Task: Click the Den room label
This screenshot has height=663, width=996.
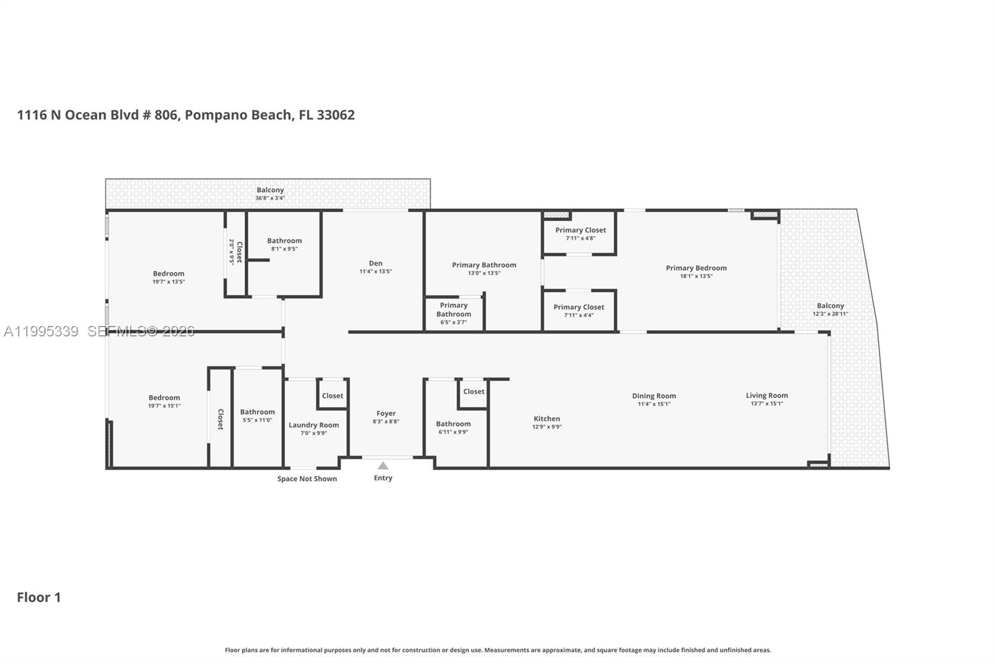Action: (x=375, y=263)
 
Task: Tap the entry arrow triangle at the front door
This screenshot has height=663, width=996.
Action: (x=383, y=466)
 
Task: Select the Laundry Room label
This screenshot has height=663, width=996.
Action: (x=314, y=425)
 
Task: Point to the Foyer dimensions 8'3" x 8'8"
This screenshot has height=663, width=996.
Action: (x=386, y=422)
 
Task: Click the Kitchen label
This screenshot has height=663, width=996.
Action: (x=547, y=419)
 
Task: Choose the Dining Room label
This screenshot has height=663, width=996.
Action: (x=654, y=396)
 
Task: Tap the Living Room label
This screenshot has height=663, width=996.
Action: (x=767, y=395)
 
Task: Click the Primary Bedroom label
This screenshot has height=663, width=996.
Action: (x=696, y=268)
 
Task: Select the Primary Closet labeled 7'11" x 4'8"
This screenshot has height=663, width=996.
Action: (x=580, y=230)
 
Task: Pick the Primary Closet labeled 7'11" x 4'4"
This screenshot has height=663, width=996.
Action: (x=579, y=307)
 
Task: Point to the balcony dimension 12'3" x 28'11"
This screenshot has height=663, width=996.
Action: (x=830, y=314)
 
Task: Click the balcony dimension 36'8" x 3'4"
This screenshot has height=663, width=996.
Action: (x=270, y=198)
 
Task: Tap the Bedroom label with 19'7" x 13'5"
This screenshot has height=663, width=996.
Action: (x=169, y=274)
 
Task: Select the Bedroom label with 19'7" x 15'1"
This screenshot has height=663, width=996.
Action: (x=164, y=398)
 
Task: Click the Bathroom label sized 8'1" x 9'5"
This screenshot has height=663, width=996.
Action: (x=284, y=241)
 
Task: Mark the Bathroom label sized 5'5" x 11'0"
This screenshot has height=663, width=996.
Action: (x=257, y=412)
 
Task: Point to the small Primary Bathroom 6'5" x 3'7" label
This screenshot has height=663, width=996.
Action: (x=454, y=310)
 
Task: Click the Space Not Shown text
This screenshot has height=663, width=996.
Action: (x=307, y=479)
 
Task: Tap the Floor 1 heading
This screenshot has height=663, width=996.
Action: (x=39, y=597)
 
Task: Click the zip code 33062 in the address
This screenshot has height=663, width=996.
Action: (x=336, y=115)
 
